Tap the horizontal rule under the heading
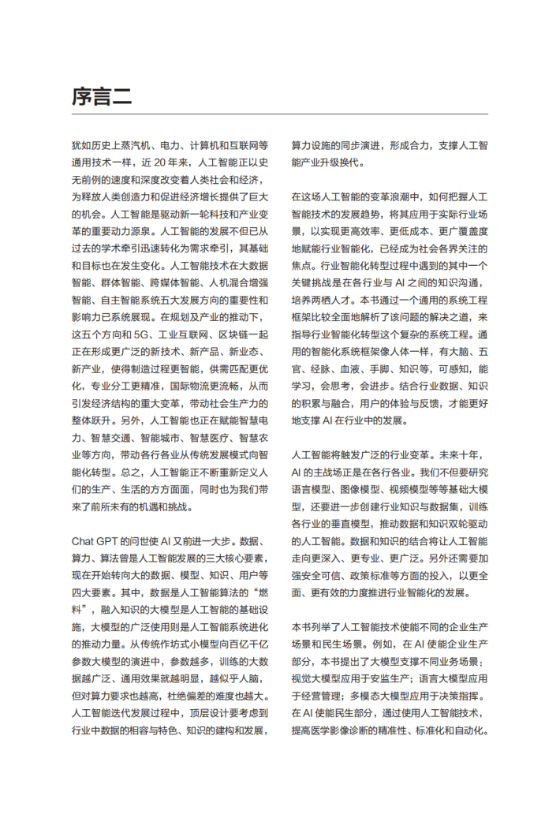279,114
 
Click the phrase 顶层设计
200,715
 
